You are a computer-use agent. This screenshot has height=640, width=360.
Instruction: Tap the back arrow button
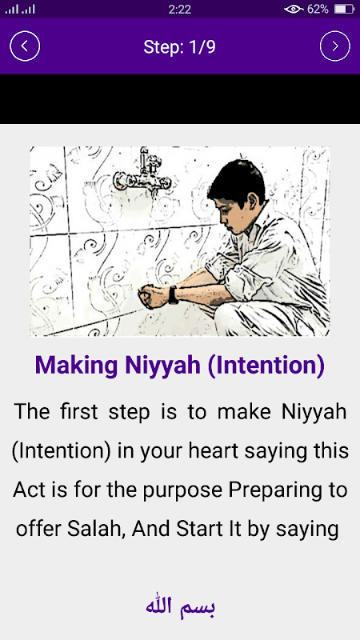(25, 46)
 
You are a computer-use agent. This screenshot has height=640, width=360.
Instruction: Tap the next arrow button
(334, 46)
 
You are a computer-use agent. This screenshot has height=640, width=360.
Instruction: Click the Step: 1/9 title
(179, 47)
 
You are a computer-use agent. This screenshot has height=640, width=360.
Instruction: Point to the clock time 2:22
(179, 9)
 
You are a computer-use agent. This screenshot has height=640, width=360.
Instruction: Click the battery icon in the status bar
(344, 9)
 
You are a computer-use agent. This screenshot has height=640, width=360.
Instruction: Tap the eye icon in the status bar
(294, 9)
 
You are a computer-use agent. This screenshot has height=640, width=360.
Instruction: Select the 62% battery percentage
(318, 9)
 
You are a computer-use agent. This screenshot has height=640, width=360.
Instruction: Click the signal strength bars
(20, 9)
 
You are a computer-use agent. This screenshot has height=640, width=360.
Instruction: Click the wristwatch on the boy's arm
(174, 294)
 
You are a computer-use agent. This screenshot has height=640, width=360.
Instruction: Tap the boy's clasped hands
(153, 295)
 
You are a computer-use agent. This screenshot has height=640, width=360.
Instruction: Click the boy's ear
(252, 203)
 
